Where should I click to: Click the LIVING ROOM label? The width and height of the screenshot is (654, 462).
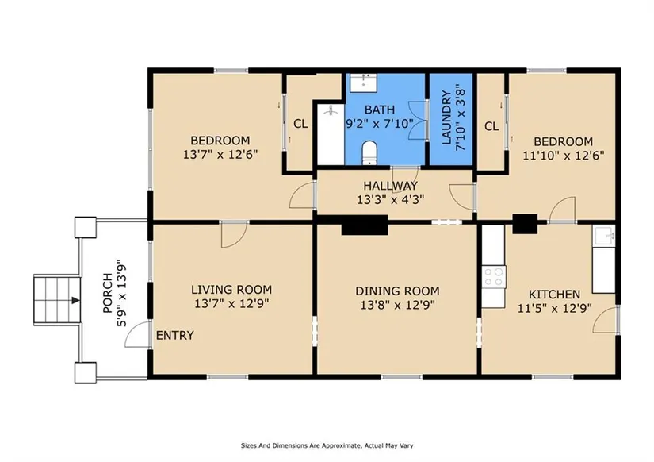(231, 290)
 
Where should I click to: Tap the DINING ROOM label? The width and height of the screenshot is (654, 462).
(397, 291)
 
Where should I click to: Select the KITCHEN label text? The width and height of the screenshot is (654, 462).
(554, 295)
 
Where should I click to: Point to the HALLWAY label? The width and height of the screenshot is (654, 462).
(390, 186)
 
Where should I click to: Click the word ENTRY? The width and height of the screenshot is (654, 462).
(174, 336)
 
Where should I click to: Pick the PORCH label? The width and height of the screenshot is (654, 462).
(107, 293)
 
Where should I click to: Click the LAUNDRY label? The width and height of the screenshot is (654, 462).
(447, 117)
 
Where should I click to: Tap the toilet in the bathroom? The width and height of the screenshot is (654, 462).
(369, 153)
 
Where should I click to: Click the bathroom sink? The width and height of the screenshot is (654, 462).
(363, 83)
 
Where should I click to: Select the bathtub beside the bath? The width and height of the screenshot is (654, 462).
(331, 134)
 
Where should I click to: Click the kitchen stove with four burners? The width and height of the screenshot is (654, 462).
(494, 276)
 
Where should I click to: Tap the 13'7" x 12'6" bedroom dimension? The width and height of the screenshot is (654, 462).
(220, 155)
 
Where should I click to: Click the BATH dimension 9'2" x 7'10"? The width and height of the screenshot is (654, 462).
(380, 124)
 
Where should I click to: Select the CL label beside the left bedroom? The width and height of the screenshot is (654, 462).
(300, 124)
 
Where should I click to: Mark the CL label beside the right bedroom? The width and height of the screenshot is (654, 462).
(491, 125)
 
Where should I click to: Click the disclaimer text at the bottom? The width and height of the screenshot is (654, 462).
(327, 445)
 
